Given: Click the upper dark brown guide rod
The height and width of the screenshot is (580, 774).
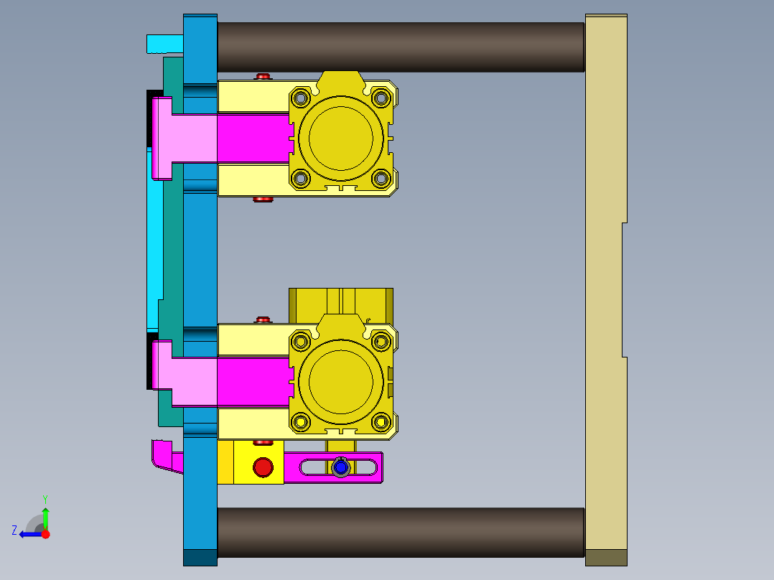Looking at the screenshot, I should [401, 47].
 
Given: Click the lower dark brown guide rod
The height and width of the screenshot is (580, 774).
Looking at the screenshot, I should [401, 532].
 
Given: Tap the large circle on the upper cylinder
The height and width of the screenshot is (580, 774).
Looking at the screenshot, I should [341, 138].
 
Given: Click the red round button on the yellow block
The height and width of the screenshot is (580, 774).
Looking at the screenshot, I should [264, 467].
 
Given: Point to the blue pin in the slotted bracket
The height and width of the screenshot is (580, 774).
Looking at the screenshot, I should [341, 468].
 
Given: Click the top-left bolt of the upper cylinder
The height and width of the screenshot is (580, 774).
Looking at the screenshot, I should [301, 97].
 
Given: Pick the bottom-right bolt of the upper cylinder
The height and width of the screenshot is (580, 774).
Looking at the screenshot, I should [382, 178].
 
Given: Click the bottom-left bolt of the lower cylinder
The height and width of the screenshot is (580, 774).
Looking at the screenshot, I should [301, 421].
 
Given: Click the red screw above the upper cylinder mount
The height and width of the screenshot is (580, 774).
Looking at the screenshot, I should [263, 76].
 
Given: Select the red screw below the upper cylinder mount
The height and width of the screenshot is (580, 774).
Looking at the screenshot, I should [263, 199].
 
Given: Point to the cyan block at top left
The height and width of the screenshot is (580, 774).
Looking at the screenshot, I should [164, 44].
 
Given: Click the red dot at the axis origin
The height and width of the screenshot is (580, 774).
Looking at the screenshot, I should [45, 534].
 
